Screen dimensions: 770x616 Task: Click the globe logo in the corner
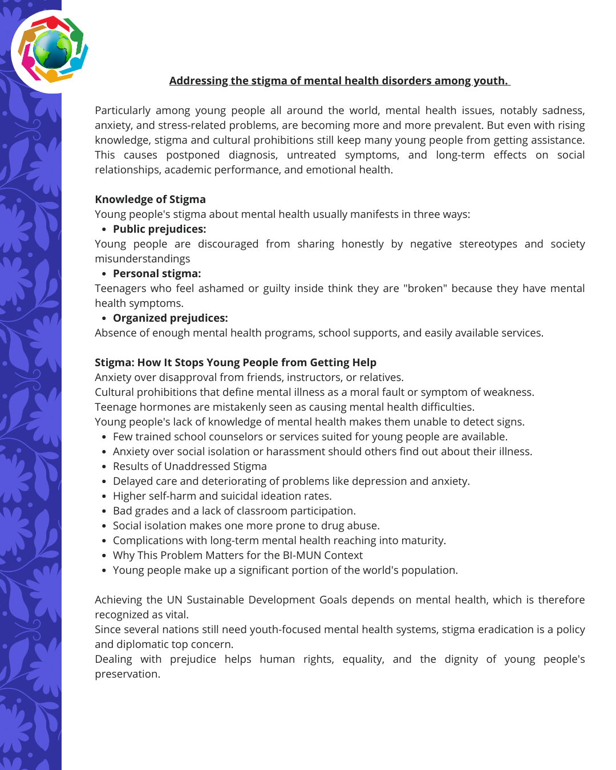click(x=52, y=50)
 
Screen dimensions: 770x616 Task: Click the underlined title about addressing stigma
click(x=339, y=81)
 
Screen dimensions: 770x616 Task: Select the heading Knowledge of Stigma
click(x=150, y=200)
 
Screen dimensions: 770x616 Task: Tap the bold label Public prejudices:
click(x=159, y=229)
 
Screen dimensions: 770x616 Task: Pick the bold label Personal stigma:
click(x=157, y=274)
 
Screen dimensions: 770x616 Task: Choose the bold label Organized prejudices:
click(x=170, y=318)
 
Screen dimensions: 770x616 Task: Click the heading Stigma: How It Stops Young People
click(x=235, y=363)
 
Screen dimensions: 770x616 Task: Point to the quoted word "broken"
click(x=425, y=289)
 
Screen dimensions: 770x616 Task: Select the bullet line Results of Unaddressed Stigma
click(x=189, y=467)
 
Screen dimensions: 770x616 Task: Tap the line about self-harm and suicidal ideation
click(x=222, y=496)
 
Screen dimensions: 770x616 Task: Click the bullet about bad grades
click(x=234, y=511)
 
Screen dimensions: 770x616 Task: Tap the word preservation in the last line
click(x=127, y=674)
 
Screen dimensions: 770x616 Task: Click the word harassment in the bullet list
click(x=299, y=452)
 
